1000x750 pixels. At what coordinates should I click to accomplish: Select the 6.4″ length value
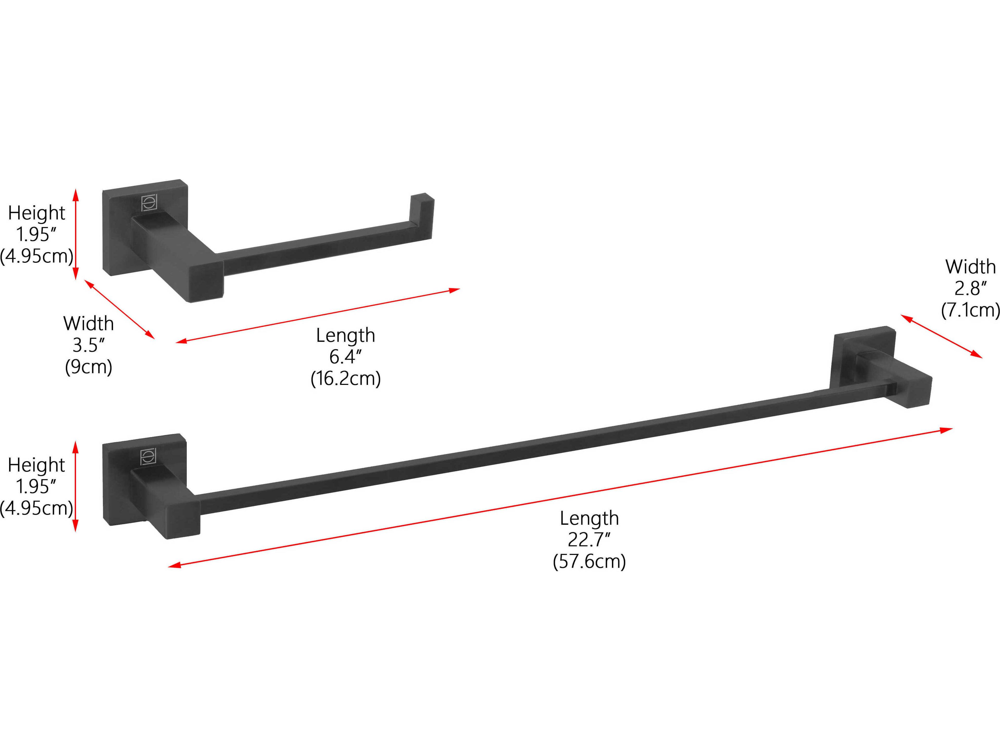click(345, 357)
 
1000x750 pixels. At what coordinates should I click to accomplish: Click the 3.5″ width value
click(88, 345)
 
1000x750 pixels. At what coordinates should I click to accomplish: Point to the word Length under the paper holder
click(345, 335)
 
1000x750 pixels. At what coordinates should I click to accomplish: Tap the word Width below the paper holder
click(88, 324)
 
